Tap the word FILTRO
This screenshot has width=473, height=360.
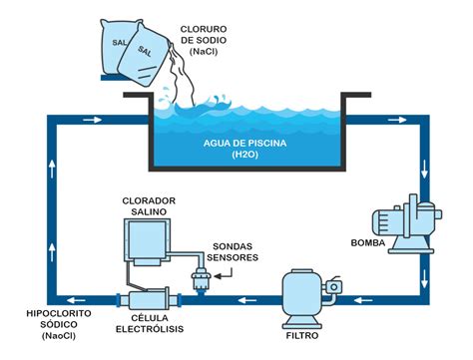pos(304,333)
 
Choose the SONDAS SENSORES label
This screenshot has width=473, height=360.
pos(236,252)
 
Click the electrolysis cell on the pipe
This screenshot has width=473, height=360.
pos(147,299)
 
